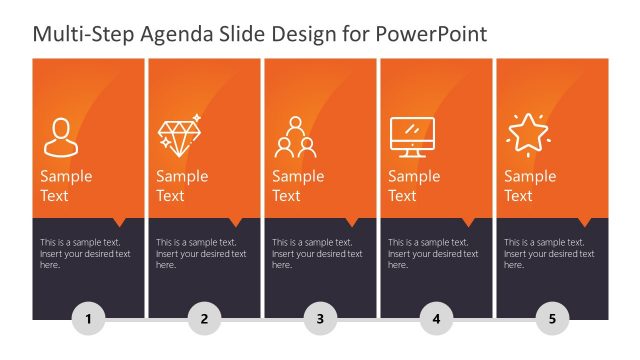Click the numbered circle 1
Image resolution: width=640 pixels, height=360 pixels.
pos(88,320)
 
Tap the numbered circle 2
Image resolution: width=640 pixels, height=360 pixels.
pos(204,320)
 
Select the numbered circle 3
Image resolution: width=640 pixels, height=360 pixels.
pos(320,320)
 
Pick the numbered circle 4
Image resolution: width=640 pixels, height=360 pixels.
pos(436,320)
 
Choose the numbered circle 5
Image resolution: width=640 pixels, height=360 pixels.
pos(552,320)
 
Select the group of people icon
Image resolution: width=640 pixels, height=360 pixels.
pos(295,137)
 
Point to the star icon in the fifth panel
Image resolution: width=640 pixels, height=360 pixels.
pos(527,133)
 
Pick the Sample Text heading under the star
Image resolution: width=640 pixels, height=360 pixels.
pos(530,186)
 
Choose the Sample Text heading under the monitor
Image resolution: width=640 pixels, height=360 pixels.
pos(414,186)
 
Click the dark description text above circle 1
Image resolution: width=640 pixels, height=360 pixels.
pos(85,254)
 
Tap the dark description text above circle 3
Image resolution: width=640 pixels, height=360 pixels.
pos(317,254)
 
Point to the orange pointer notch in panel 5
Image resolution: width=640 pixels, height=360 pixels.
pos(586,222)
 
